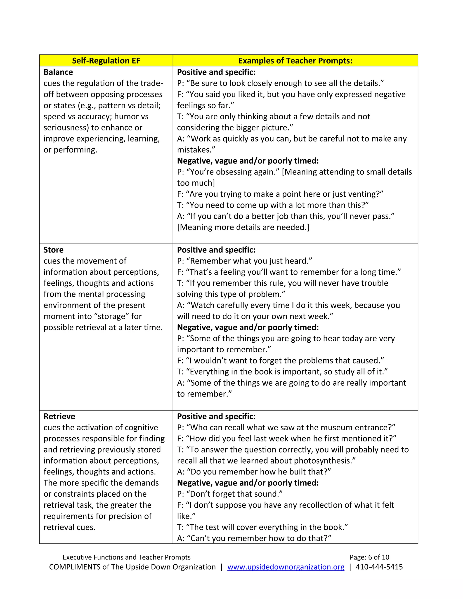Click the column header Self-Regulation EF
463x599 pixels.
pyautogui.click(x=106, y=61)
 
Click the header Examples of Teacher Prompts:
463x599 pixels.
pyautogui.click(x=295, y=61)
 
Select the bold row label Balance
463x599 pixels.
pyautogui.click(x=58, y=72)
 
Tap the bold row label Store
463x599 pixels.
pyautogui.click(x=54, y=250)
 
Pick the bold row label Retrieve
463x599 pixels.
pyautogui.click(x=59, y=416)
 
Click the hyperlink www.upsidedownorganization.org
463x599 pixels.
pyautogui.click(x=286, y=567)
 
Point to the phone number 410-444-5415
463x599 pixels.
pyautogui.click(x=379, y=567)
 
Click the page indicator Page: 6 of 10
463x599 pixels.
pyautogui.click(x=369, y=557)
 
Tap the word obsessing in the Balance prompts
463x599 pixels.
pyautogui.click(x=232, y=172)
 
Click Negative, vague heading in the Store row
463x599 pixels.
pyautogui.click(x=248, y=328)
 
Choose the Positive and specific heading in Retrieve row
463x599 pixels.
pyautogui.click(x=216, y=416)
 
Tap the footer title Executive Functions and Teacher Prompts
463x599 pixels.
pyautogui.click(x=126, y=557)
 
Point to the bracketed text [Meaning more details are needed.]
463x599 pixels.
pyautogui.click(x=243, y=227)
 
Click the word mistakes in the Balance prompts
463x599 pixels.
pyautogui.click(x=196, y=150)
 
